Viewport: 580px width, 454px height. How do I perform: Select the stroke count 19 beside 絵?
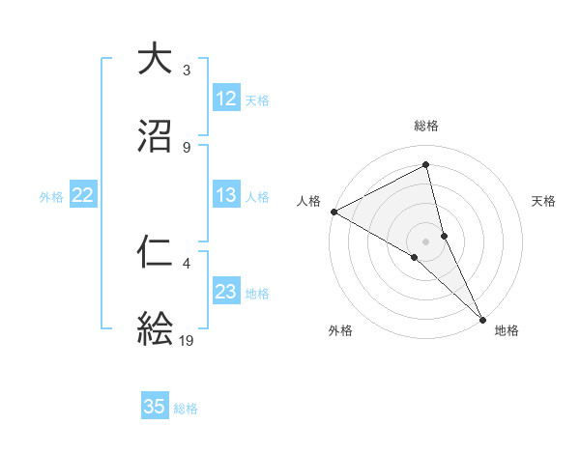[188, 341]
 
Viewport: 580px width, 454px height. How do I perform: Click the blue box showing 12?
[226, 99]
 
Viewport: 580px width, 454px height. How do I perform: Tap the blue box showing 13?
[226, 195]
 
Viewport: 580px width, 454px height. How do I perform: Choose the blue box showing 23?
[226, 292]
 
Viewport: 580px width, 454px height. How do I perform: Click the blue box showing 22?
[83, 195]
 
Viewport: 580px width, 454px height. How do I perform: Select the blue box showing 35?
[155, 407]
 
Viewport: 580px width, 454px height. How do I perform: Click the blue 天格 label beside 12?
[257, 99]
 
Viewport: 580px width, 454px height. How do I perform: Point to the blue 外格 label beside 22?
[51, 196]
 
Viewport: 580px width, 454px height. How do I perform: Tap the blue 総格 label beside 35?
[186, 408]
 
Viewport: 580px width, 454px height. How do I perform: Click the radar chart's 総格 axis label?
[426, 126]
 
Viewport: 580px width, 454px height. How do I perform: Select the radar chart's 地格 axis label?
[507, 331]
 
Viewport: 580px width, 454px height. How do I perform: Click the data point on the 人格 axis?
[333, 212]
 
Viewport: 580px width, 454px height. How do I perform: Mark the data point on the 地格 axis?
[482, 317]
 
